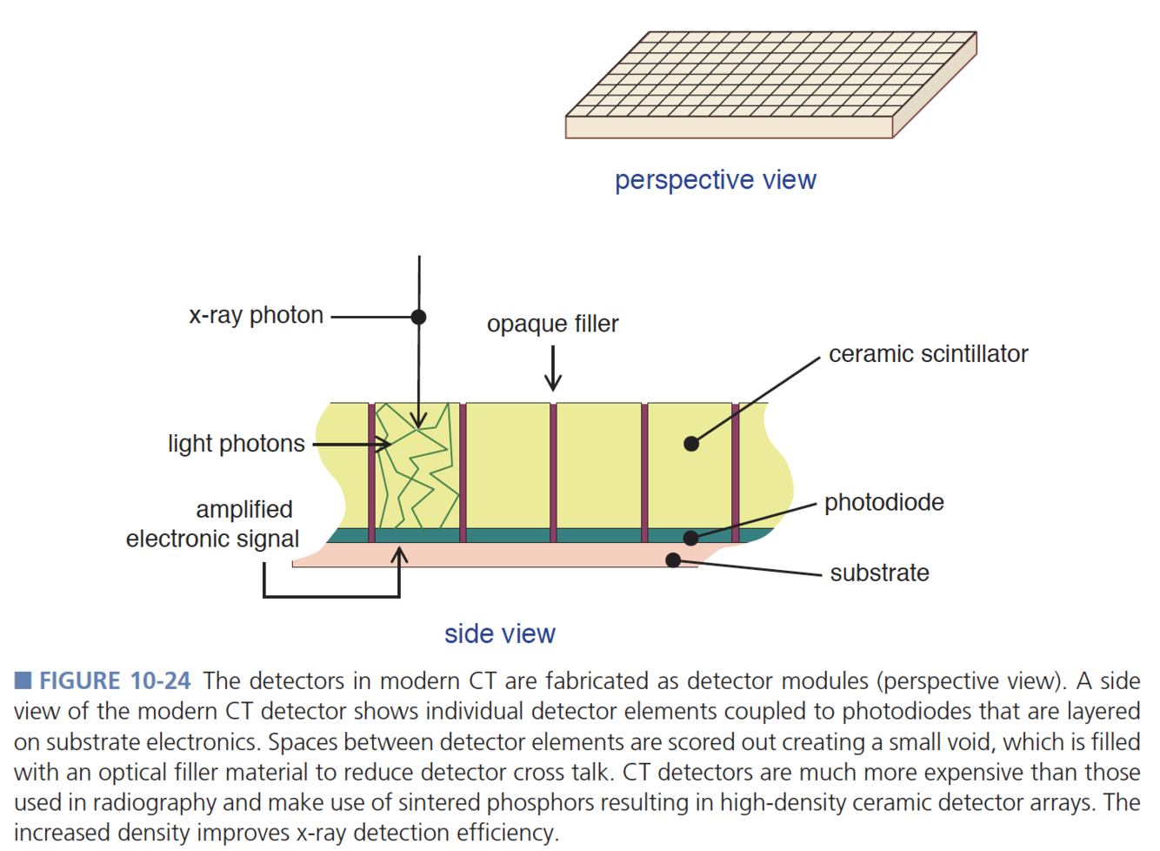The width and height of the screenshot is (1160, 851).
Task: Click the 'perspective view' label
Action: click(x=715, y=180)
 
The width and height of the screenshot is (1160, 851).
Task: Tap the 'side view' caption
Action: click(x=499, y=633)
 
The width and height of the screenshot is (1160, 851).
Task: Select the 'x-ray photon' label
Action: click(x=256, y=315)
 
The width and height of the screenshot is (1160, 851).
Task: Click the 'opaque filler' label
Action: click(x=552, y=324)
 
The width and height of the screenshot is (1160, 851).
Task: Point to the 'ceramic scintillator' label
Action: click(x=928, y=354)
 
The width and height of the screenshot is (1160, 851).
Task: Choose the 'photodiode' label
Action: click(x=883, y=502)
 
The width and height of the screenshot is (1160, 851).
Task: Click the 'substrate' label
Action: click(x=879, y=573)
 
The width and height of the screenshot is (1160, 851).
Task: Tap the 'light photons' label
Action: click(x=237, y=444)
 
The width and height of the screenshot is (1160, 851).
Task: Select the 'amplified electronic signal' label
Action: click(x=213, y=524)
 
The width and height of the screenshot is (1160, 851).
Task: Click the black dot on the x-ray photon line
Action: click(x=418, y=317)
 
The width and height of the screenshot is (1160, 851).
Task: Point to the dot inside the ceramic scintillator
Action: click(x=691, y=444)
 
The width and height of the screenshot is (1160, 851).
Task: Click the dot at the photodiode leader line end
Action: click(x=690, y=538)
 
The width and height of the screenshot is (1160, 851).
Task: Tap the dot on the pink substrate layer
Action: click(x=672, y=560)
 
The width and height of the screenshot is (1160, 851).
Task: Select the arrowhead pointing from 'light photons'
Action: click(x=384, y=444)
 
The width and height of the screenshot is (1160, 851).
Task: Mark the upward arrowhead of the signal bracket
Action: click(x=399, y=553)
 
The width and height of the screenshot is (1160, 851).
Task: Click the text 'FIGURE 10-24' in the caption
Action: click(x=115, y=680)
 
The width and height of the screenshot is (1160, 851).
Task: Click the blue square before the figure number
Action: click(x=23, y=680)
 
